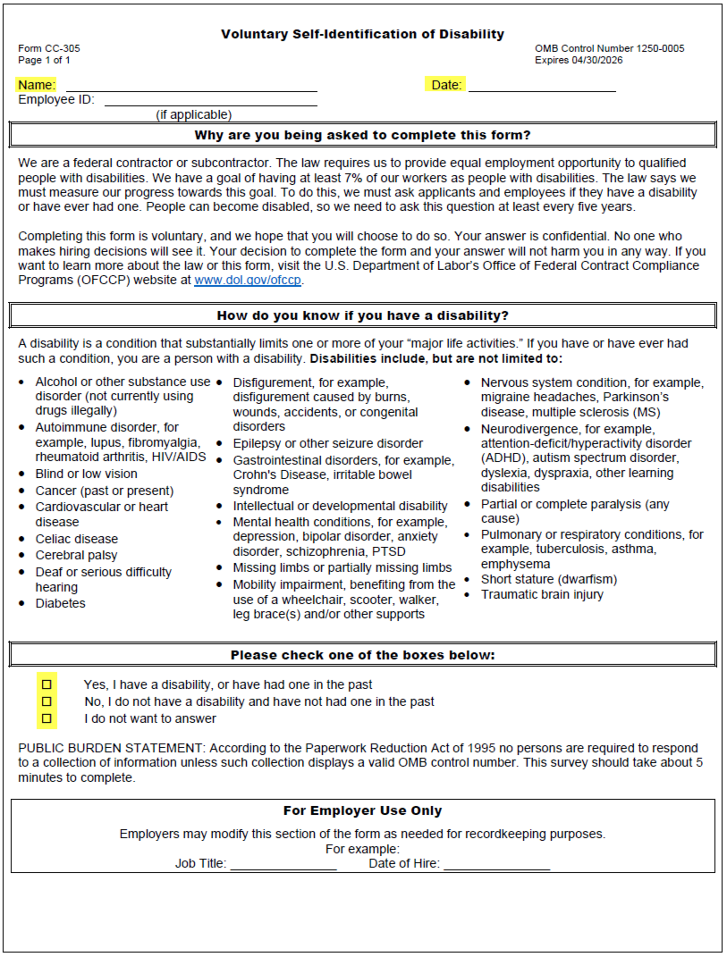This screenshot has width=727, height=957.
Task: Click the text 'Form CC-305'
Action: point(49,48)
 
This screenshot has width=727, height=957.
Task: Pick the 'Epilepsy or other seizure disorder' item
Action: point(328,443)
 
